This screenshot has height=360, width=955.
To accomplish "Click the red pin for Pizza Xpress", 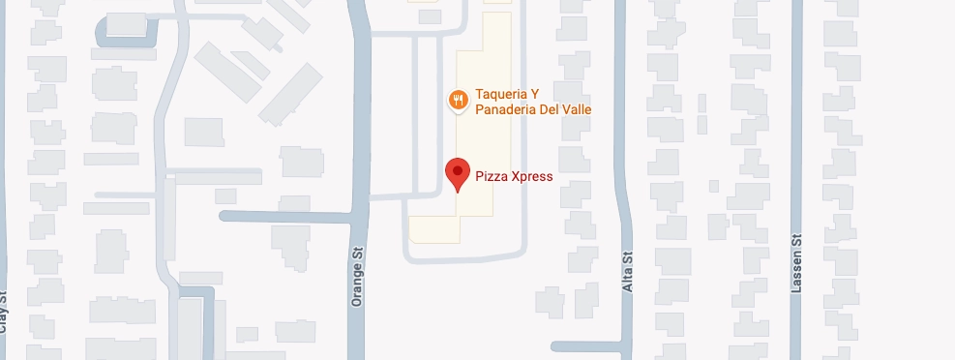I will point(458,173).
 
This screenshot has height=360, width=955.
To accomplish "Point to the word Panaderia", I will point(510,110).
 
